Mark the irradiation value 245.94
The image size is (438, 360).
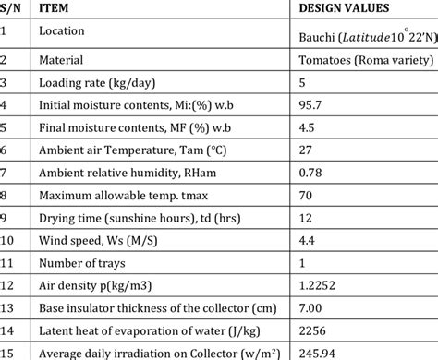pos(319,352)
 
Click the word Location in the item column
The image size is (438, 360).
pos(62,30)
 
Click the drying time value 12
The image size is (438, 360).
pos(306,218)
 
